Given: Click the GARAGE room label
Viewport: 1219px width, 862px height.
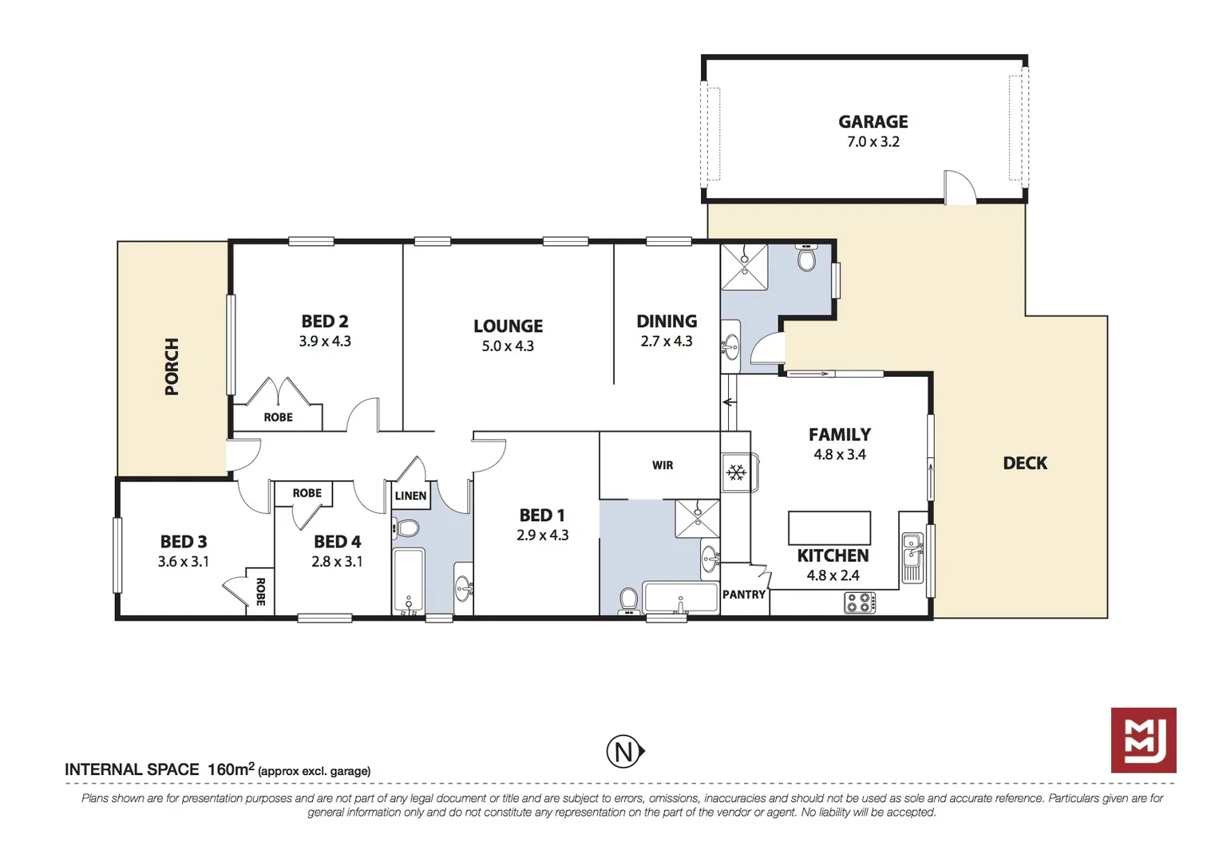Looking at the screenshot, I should [873, 122].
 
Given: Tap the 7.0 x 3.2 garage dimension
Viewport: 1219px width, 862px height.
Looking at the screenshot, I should [873, 142].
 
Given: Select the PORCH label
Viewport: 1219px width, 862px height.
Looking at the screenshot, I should [172, 366].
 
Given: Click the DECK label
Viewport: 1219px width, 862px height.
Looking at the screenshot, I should [1024, 463].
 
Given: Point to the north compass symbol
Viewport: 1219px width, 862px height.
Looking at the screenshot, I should [624, 752].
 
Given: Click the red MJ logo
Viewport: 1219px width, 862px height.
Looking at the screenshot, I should [1143, 740].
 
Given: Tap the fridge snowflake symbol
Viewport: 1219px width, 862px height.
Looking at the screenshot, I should [735, 473].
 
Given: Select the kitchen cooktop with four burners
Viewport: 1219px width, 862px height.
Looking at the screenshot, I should [860, 603].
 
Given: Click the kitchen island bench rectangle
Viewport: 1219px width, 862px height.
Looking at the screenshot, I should [829, 528].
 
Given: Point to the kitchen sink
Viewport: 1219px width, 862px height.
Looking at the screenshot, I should [912, 557].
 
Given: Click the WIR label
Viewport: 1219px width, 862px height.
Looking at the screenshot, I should [662, 465].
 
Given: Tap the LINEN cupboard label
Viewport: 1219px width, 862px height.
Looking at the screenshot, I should [410, 496].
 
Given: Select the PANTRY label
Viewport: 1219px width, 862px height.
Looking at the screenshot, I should [743, 595].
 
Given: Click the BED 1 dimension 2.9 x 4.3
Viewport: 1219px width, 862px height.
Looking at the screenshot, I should [542, 536].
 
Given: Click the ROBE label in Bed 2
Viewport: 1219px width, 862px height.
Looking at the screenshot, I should [278, 417].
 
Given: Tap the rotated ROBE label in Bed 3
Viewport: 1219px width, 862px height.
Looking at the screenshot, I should [260, 591].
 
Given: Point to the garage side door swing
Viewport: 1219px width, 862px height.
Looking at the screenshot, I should [959, 188].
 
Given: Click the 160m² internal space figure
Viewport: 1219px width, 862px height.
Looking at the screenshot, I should [230, 769].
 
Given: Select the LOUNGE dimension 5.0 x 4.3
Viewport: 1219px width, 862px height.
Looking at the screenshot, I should [508, 346].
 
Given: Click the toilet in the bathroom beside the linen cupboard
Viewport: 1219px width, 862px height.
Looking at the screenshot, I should [408, 528].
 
